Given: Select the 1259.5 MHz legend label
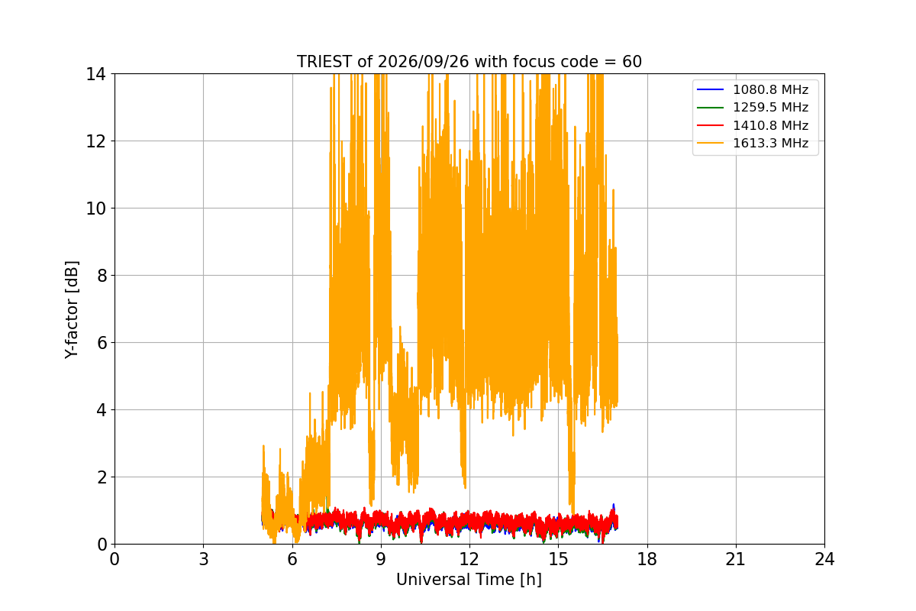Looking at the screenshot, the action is coord(770,107).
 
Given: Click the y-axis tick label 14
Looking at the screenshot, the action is coord(95,75).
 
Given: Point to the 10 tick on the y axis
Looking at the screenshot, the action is coord(95,209).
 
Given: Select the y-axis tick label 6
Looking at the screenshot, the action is coord(102,343).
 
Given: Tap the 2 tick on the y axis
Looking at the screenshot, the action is coord(102,477).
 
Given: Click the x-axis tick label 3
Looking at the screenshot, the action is coord(204,559).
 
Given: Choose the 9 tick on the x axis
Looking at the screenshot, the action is coord(381,559).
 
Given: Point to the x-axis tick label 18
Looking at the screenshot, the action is coord(647,559).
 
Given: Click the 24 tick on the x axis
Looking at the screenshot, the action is coord(824,559).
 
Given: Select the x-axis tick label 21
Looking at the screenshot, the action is coord(736,559).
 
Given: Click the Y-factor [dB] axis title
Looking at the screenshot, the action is coord(72,310).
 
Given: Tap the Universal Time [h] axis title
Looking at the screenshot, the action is coord(469,580).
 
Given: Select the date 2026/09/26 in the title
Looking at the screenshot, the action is coord(423,62).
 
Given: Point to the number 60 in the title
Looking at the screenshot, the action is coord(632,62).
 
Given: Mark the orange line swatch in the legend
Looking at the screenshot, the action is coord(711,143).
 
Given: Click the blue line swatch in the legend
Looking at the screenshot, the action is coord(711,89).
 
